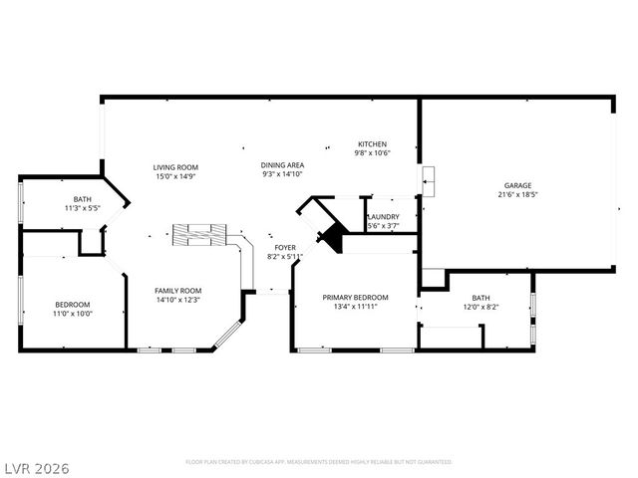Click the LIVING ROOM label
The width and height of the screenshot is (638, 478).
(x=175, y=166)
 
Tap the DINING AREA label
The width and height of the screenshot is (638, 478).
(x=282, y=164)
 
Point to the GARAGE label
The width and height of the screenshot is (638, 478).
(x=516, y=185)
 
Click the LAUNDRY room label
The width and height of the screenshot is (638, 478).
(x=384, y=217)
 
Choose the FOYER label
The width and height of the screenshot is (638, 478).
(x=285, y=247)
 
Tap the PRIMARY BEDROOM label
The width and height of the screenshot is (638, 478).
(x=355, y=297)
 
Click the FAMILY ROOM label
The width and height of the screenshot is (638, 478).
(x=177, y=290)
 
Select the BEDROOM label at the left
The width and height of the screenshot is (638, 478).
(x=72, y=304)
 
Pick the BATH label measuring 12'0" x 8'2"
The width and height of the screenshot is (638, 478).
(x=480, y=298)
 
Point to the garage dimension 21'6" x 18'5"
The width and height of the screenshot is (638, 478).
(x=516, y=195)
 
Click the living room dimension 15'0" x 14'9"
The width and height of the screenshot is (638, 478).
(x=175, y=176)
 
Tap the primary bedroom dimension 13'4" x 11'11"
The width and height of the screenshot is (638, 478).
(x=355, y=307)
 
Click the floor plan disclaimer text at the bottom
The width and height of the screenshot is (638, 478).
(x=319, y=462)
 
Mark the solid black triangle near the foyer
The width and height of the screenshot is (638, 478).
(x=330, y=239)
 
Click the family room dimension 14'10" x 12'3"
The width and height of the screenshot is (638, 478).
(x=177, y=300)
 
